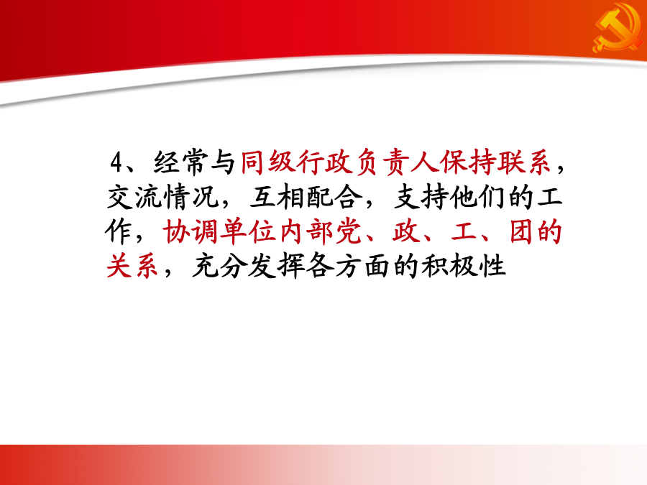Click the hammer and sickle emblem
click(618, 28)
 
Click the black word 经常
click(180, 162)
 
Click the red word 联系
click(524, 162)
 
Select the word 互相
click(277, 197)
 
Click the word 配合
click(334, 197)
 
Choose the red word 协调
click(191, 232)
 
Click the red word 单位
click(247, 232)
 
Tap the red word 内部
click(305, 232)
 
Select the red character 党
click(348, 232)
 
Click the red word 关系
click(133, 267)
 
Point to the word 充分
click(219, 267)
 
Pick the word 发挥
click(277, 267)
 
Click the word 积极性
click(464, 267)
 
